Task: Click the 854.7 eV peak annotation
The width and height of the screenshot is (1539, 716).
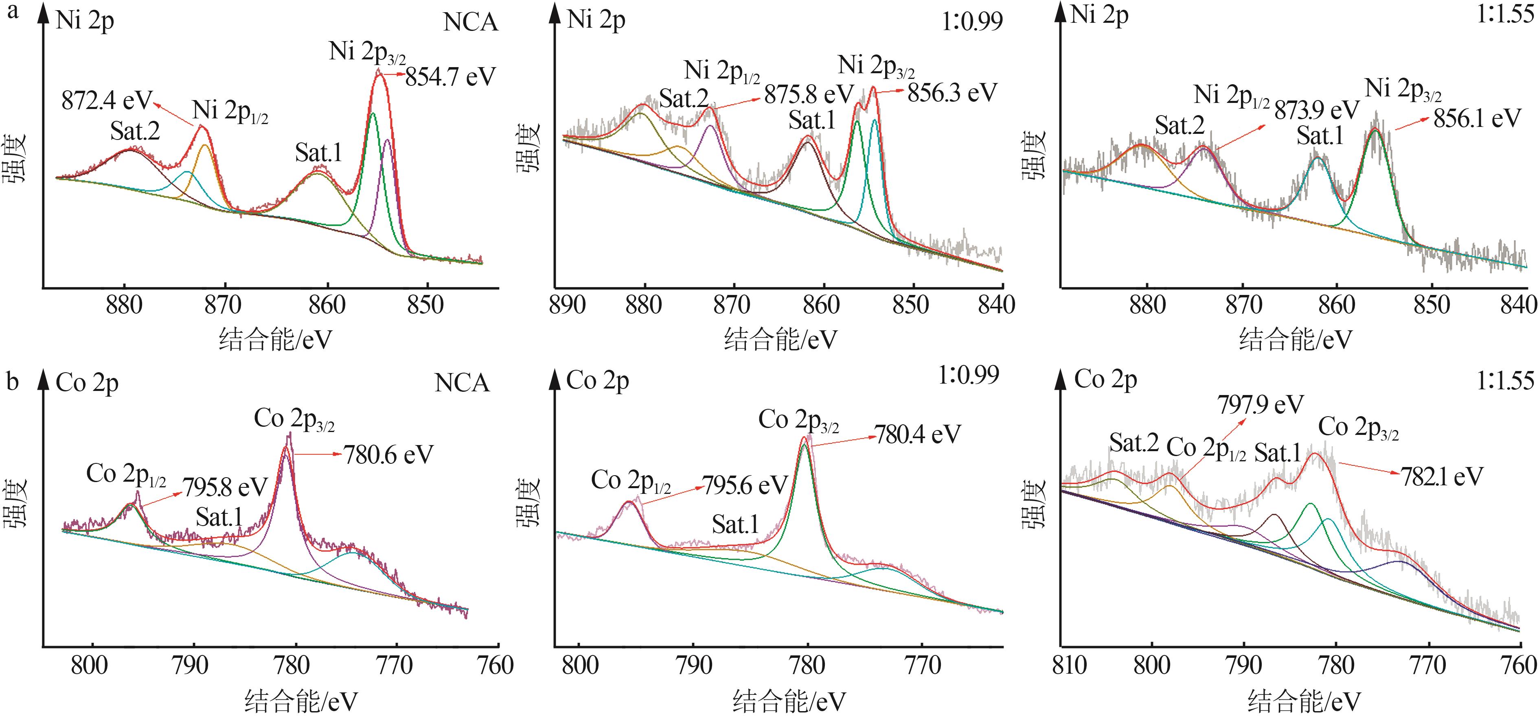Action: [450, 77]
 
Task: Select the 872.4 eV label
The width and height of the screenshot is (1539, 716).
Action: [107, 100]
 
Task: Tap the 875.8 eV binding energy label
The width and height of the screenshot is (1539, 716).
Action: [809, 94]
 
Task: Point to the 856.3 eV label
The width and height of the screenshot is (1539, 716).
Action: [952, 93]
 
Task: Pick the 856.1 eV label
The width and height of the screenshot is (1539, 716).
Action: [1477, 118]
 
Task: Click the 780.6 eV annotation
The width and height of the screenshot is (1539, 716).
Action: [388, 455]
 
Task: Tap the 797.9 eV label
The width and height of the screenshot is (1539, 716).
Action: [1260, 405]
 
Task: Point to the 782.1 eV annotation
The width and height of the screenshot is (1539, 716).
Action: [1442, 476]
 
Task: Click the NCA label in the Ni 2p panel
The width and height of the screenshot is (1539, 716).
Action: [470, 22]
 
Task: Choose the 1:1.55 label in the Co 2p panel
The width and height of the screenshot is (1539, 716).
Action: [1504, 380]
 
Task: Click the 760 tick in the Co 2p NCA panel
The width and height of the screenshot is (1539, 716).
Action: [496, 665]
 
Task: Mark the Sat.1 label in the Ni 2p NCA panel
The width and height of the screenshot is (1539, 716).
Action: [318, 153]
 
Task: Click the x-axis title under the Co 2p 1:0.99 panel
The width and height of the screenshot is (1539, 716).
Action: [789, 701]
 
